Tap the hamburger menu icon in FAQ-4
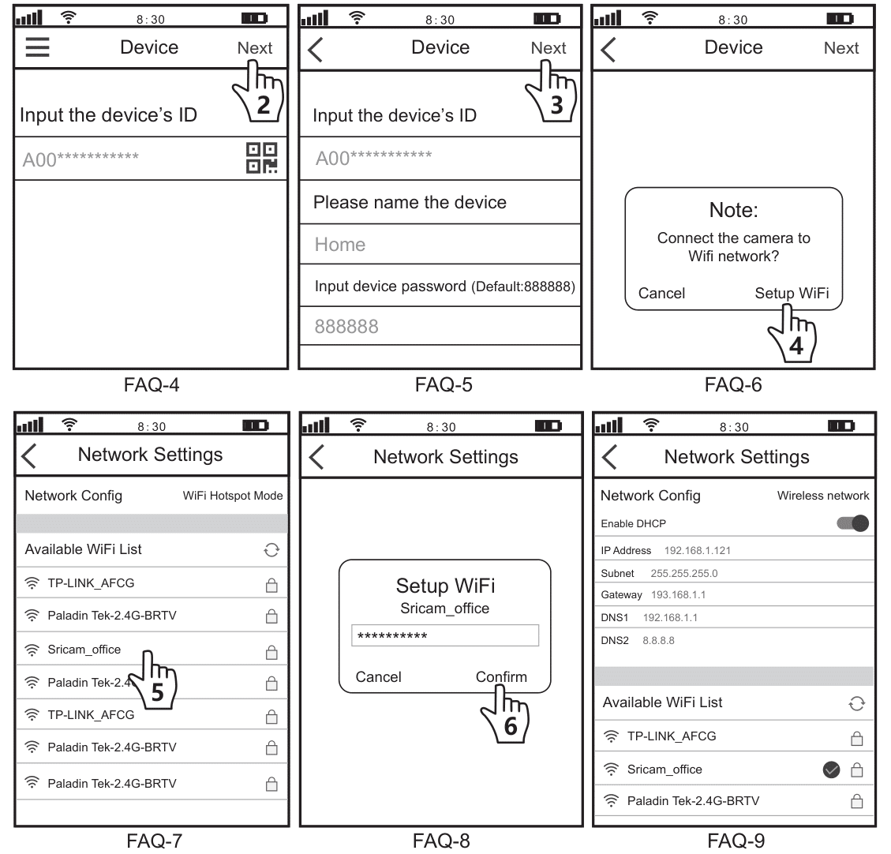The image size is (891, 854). pos(37,47)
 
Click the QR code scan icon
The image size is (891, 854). pos(262,158)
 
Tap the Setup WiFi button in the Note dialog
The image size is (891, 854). pos(791,293)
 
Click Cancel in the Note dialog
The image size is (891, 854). pos(661,293)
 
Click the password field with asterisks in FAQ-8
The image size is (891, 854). pos(444,636)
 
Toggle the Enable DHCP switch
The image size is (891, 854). pos(852,523)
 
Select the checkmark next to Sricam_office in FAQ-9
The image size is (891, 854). pos(831,770)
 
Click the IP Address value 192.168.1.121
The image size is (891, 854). pos(697,550)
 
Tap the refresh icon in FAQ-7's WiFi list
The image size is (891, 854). pos(271,550)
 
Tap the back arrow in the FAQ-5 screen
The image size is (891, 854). pos(316,49)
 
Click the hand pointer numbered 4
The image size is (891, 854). pos(793,335)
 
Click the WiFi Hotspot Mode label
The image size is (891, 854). pos(232,496)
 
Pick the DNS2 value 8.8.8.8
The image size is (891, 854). pos(658,640)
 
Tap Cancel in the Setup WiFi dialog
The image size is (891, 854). pos(378,676)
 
